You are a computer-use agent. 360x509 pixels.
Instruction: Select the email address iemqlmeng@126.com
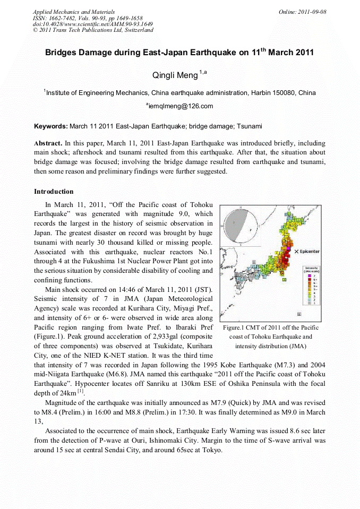(181, 106)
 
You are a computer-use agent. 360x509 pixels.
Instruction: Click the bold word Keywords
(50, 126)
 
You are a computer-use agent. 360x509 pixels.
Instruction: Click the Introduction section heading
(54, 191)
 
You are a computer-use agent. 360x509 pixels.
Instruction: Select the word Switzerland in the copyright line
(136, 30)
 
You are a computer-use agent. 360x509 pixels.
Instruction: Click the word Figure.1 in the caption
(236, 327)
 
